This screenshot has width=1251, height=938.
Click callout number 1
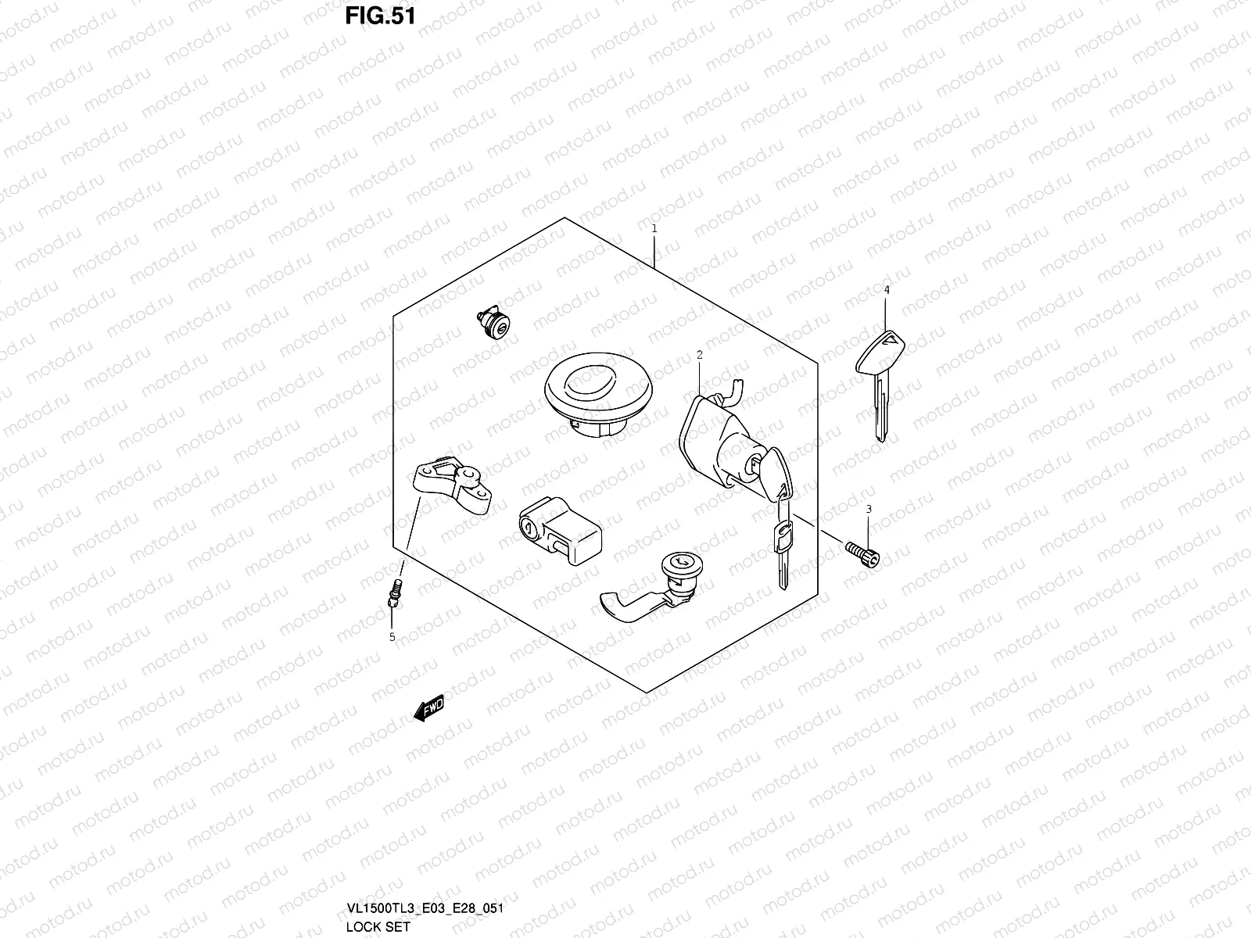[x=654, y=229]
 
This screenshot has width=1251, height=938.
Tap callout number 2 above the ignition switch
[x=699, y=355]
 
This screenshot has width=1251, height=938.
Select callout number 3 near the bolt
[x=868, y=510]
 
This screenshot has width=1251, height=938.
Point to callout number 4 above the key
[x=887, y=290]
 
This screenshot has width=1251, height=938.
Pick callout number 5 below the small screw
[x=393, y=637]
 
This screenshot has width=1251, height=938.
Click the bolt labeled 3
[x=862, y=553]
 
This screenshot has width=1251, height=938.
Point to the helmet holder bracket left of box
[x=451, y=482]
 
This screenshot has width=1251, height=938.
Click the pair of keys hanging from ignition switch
[x=783, y=532]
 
